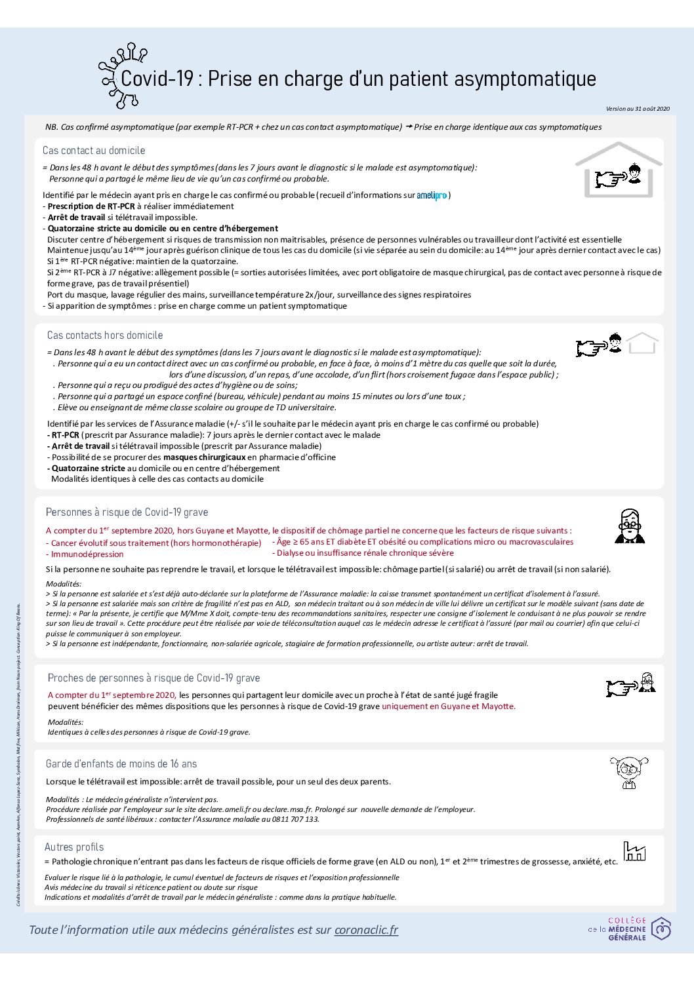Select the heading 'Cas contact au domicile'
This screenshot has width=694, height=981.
click(94, 151)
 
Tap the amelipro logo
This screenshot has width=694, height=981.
click(432, 195)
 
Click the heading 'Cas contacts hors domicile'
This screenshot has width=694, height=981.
click(105, 336)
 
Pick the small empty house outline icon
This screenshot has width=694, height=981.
click(642, 343)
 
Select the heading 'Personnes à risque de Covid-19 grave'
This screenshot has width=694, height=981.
click(127, 512)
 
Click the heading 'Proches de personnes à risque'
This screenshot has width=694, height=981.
click(153, 678)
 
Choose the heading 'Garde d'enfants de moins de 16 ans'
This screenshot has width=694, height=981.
click(121, 764)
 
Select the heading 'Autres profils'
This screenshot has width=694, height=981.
click(74, 847)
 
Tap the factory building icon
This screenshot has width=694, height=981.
click(634, 852)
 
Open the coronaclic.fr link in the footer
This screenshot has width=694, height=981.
click(366, 930)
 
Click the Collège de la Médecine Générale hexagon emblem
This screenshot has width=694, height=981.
click(661, 929)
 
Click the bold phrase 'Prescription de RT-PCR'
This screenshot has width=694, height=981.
click(91, 206)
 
